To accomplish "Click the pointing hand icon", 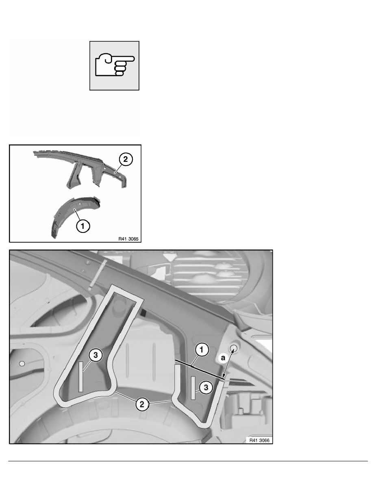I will click(x=114, y=65).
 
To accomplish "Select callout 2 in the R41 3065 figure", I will click(x=126, y=160).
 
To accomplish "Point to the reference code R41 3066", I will click(x=258, y=440).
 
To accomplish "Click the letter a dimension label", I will click(x=223, y=358).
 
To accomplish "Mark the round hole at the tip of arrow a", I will click(x=234, y=348).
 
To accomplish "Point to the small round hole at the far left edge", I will click(x=22, y=363).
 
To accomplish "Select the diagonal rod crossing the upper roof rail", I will click(x=98, y=275).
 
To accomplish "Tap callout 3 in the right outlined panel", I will click(x=206, y=387).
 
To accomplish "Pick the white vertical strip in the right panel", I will click(x=193, y=388).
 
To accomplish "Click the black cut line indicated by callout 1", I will click(x=199, y=370).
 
